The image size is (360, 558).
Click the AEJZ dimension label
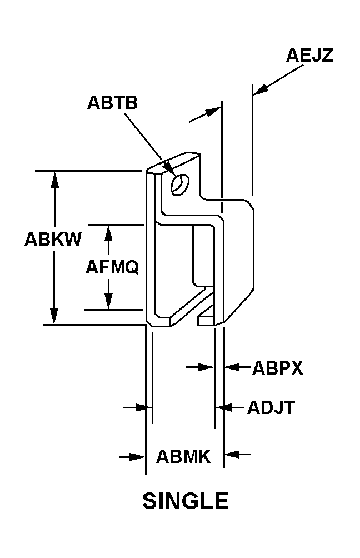[x=309, y=55]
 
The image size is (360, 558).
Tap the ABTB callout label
[x=112, y=102]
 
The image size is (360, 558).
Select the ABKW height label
[x=53, y=239]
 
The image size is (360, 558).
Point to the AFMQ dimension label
[x=112, y=267]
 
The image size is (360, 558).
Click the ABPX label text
[x=277, y=368]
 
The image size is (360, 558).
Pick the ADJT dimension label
[x=271, y=407]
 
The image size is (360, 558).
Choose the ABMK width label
[x=183, y=456]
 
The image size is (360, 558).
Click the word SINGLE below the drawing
[x=186, y=501]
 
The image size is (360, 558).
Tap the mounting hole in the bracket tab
[x=180, y=184]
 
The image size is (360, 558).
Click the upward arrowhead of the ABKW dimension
[x=54, y=180]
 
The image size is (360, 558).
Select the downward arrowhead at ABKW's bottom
[x=54, y=316]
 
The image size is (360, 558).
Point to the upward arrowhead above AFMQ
[x=108, y=233]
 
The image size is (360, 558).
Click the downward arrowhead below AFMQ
[x=108, y=301]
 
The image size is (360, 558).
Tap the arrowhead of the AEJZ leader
[x=261, y=89]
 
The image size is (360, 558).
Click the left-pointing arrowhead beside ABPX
[x=232, y=367]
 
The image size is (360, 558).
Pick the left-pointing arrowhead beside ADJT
[x=224, y=407]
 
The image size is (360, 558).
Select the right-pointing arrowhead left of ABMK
[x=138, y=457]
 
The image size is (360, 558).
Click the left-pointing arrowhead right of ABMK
[x=232, y=454]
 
